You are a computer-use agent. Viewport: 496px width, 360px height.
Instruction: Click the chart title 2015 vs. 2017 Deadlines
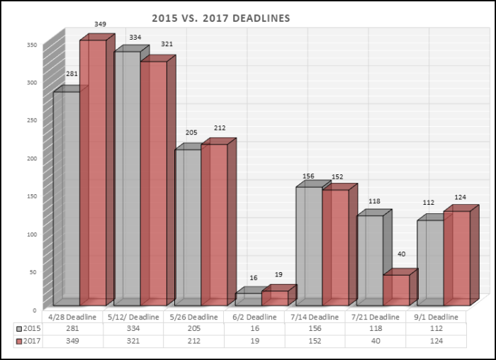pos(221,18)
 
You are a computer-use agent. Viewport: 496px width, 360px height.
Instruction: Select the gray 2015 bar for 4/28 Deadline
pos(66,198)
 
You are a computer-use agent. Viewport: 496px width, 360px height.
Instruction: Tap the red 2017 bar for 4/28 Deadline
pos(93,174)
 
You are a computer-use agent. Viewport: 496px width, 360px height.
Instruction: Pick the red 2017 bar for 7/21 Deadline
pos(396,291)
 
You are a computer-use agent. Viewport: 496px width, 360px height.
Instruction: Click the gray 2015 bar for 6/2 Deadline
pos(248,300)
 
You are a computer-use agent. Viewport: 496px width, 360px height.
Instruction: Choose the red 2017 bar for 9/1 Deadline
pos(456,259)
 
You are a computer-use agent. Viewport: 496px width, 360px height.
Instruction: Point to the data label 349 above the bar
pos(100,24)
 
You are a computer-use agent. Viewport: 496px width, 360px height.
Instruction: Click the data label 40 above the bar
pos(402,254)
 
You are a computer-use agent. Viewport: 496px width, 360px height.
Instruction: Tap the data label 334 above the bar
pos(135,37)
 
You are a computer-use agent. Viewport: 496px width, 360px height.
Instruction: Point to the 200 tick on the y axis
pos(31,157)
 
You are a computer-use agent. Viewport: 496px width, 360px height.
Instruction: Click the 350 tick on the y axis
pos(31,44)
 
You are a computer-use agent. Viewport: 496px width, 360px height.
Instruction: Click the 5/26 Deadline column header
pos(194,317)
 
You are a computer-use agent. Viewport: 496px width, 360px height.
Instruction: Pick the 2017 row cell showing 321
pos(134,341)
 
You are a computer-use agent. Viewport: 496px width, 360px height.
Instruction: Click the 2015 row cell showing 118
pos(376,329)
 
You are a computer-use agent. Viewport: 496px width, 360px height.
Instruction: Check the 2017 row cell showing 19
pos(254,341)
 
